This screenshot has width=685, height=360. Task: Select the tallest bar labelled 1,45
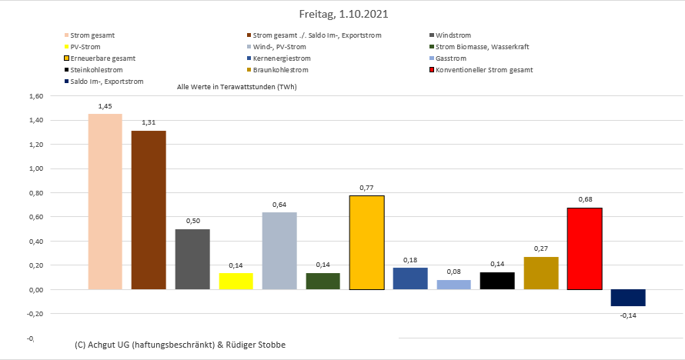click(105, 202)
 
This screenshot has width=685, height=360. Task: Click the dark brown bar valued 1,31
click(149, 210)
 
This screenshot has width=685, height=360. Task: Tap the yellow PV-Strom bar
click(236, 281)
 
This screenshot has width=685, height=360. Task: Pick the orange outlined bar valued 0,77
click(366, 242)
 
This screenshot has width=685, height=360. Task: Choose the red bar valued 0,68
click(584, 248)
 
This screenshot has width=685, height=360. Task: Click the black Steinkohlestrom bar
click(497, 281)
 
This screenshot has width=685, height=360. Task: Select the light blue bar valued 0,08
click(453, 285)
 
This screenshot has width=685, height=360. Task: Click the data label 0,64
click(279, 205)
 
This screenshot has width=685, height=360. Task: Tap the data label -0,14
click(628, 315)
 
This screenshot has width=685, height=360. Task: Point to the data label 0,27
click(541, 249)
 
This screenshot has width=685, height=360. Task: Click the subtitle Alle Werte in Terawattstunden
click(236, 87)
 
